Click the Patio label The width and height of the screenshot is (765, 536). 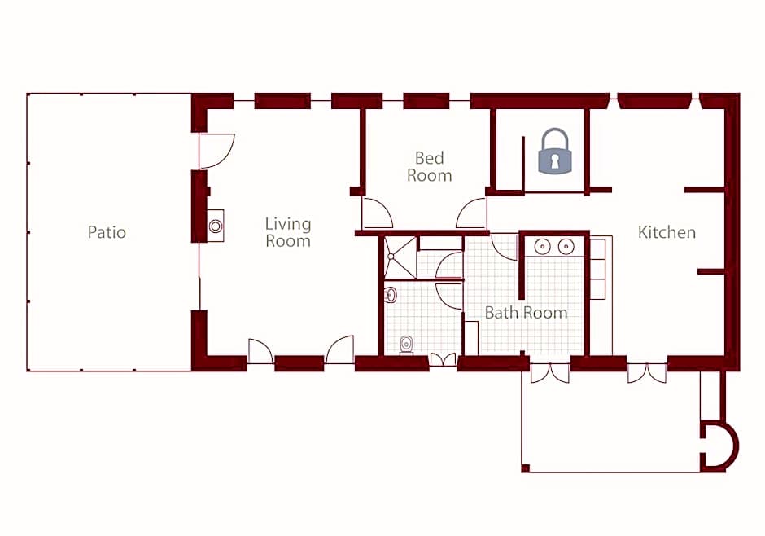coord(107,232)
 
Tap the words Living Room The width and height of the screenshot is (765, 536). coord(288,232)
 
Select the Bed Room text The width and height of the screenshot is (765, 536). coord(430,166)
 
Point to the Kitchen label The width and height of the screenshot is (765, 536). coord(667,232)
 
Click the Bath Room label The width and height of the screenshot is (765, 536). coord(526,313)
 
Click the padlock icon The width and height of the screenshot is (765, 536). coord(553,151)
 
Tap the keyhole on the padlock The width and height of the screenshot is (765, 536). coord(554,161)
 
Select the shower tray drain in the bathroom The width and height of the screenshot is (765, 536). coord(391,256)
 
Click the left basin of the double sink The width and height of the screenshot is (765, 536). coord(542,247)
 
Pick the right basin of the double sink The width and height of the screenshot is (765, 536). coord(566,247)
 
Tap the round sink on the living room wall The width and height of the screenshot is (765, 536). coord(216,226)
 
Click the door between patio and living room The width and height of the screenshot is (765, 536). coord(217,151)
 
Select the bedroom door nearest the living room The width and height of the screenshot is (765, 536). coord(377,213)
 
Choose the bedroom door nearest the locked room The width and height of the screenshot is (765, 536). coord(471,213)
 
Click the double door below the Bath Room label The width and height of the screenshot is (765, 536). coord(550,373)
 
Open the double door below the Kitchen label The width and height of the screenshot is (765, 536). coord(646,373)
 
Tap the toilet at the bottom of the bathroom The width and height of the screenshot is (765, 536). coord(406,345)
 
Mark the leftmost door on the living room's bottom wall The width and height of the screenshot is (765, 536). coord(260,351)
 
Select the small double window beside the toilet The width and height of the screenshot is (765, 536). coord(443,360)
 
